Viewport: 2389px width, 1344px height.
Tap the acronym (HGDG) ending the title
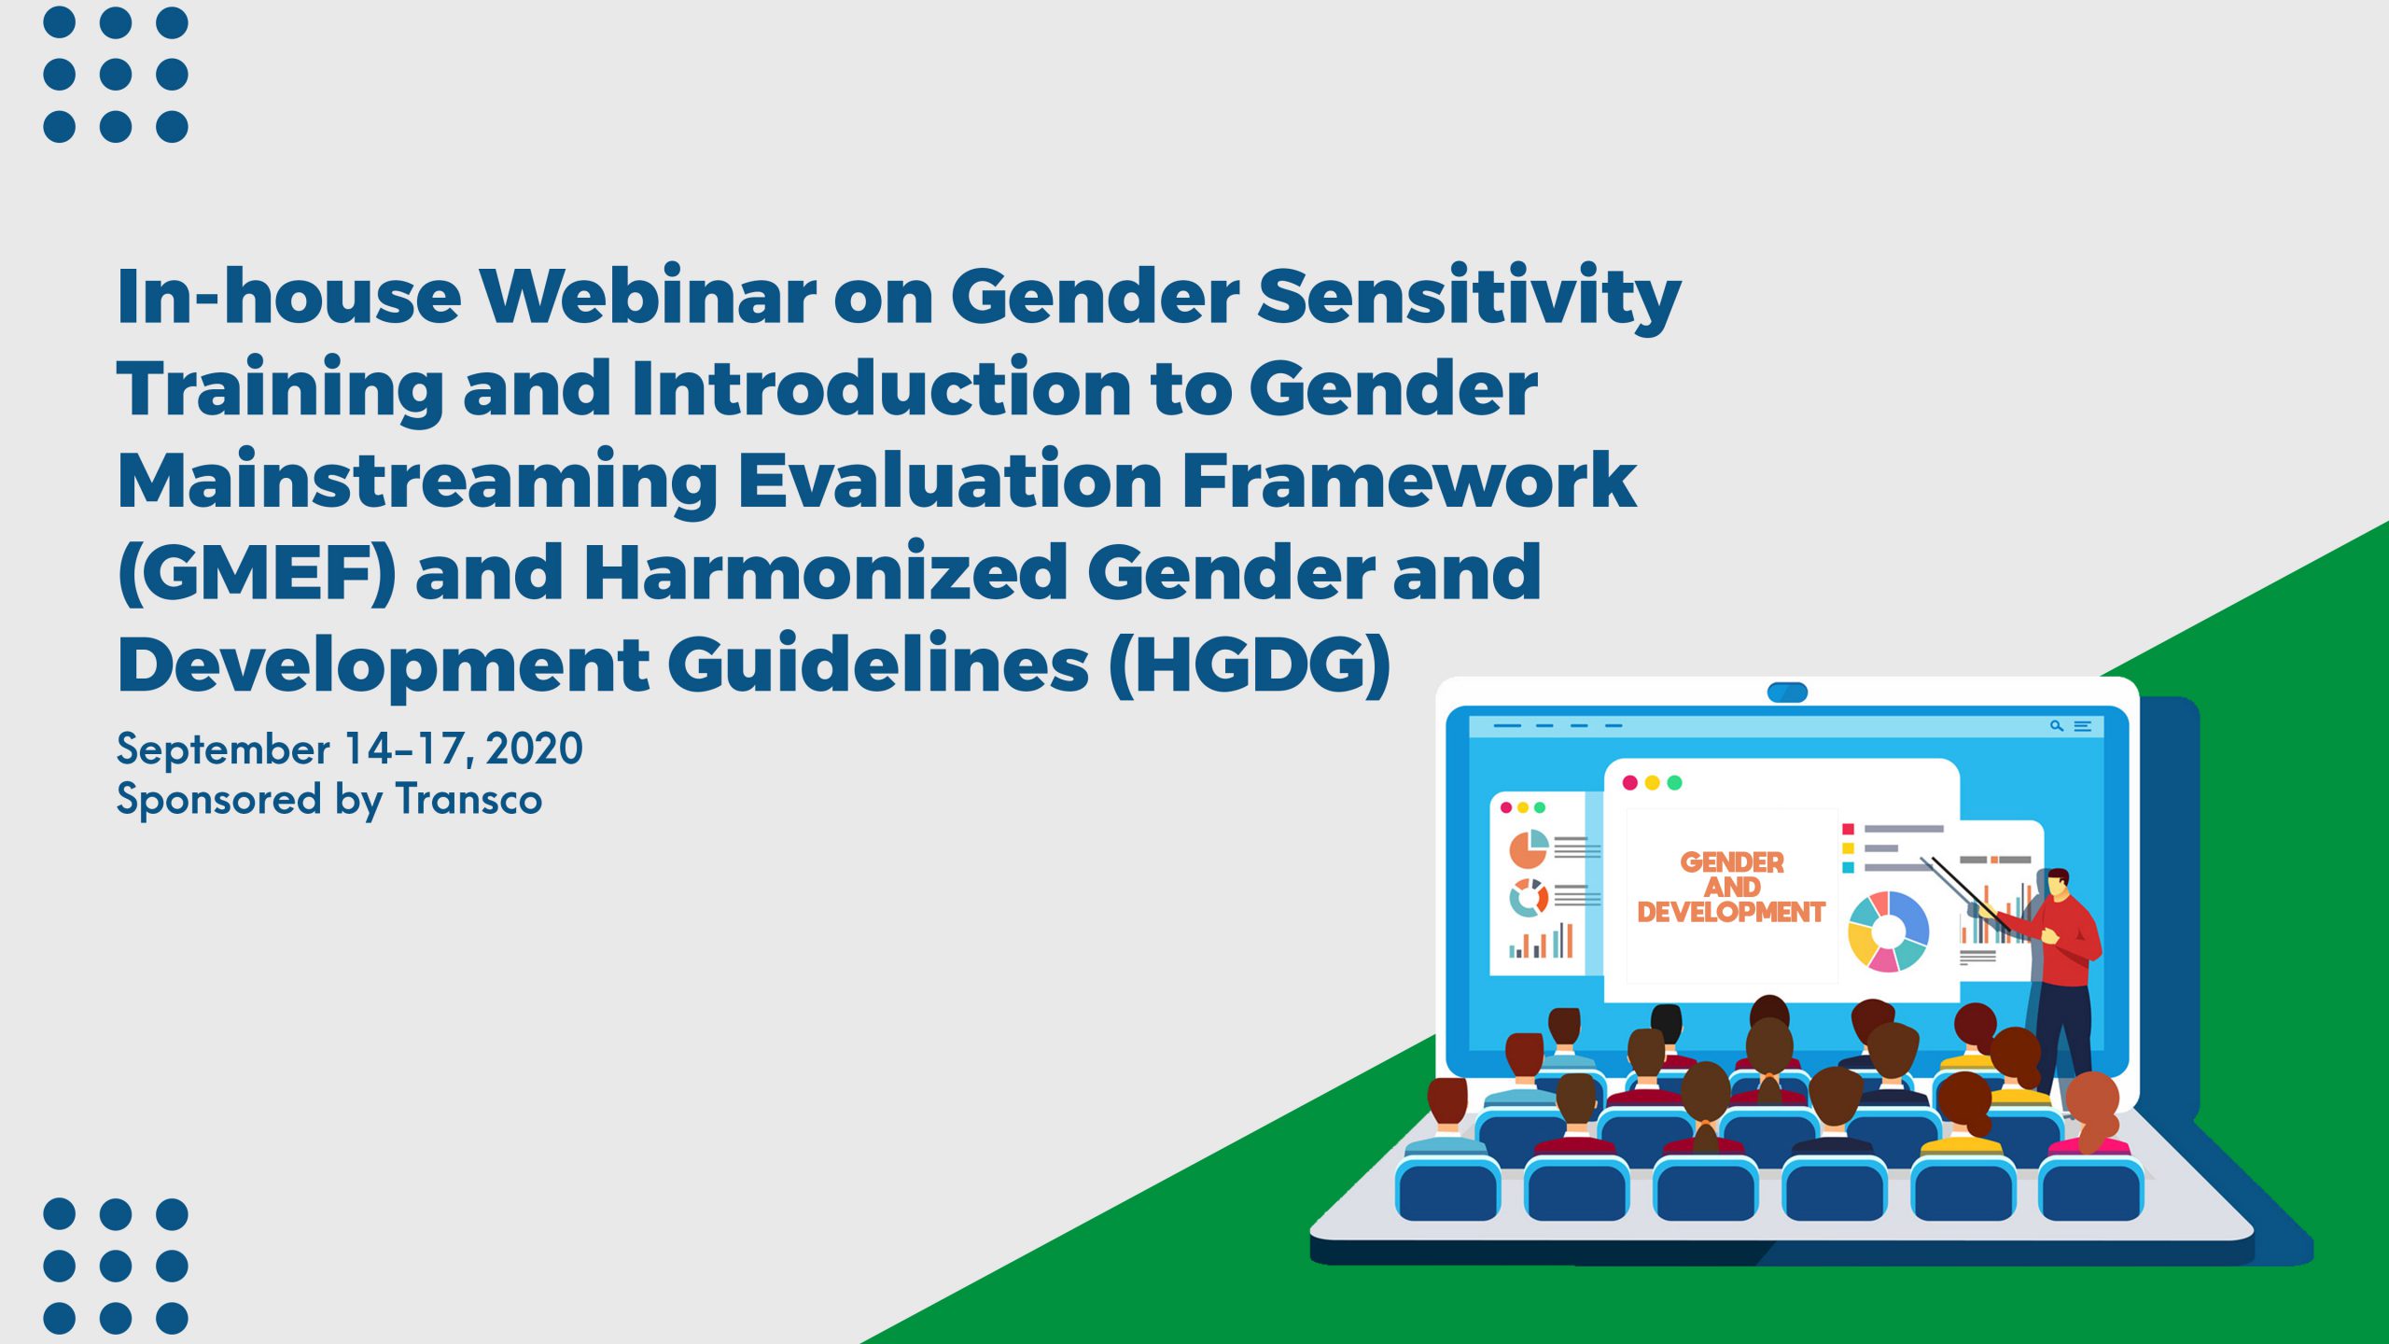click(1250, 665)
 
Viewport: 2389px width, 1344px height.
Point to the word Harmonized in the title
click(825, 572)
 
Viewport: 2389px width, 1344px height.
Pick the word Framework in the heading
click(1409, 481)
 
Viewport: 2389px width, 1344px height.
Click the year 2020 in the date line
click(535, 749)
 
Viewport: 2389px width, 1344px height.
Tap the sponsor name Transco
click(468, 800)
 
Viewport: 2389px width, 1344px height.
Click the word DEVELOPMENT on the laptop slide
click(1731, 912)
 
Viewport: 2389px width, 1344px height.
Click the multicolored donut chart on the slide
click(1888, 931)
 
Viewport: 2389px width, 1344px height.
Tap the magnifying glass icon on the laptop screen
click(2056, 725)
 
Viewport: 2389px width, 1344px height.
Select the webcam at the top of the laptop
click(1787, 692)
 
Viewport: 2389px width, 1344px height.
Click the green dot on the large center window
click(1674, 782)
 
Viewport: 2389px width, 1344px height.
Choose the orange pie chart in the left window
click(1529, 848)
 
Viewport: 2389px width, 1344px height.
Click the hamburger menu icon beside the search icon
click(2082, 725)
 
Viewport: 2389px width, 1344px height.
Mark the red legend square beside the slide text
click(1848, 829)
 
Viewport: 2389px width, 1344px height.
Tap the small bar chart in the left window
click(1541, 941)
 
